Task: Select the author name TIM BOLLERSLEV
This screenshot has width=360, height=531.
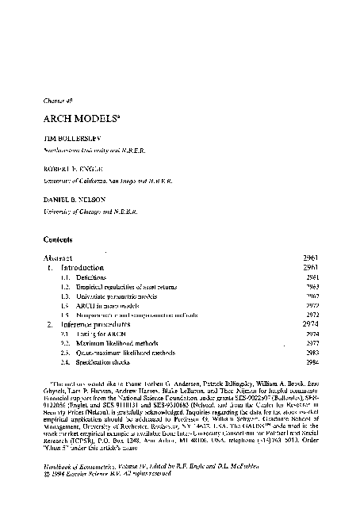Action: point(71,137)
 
